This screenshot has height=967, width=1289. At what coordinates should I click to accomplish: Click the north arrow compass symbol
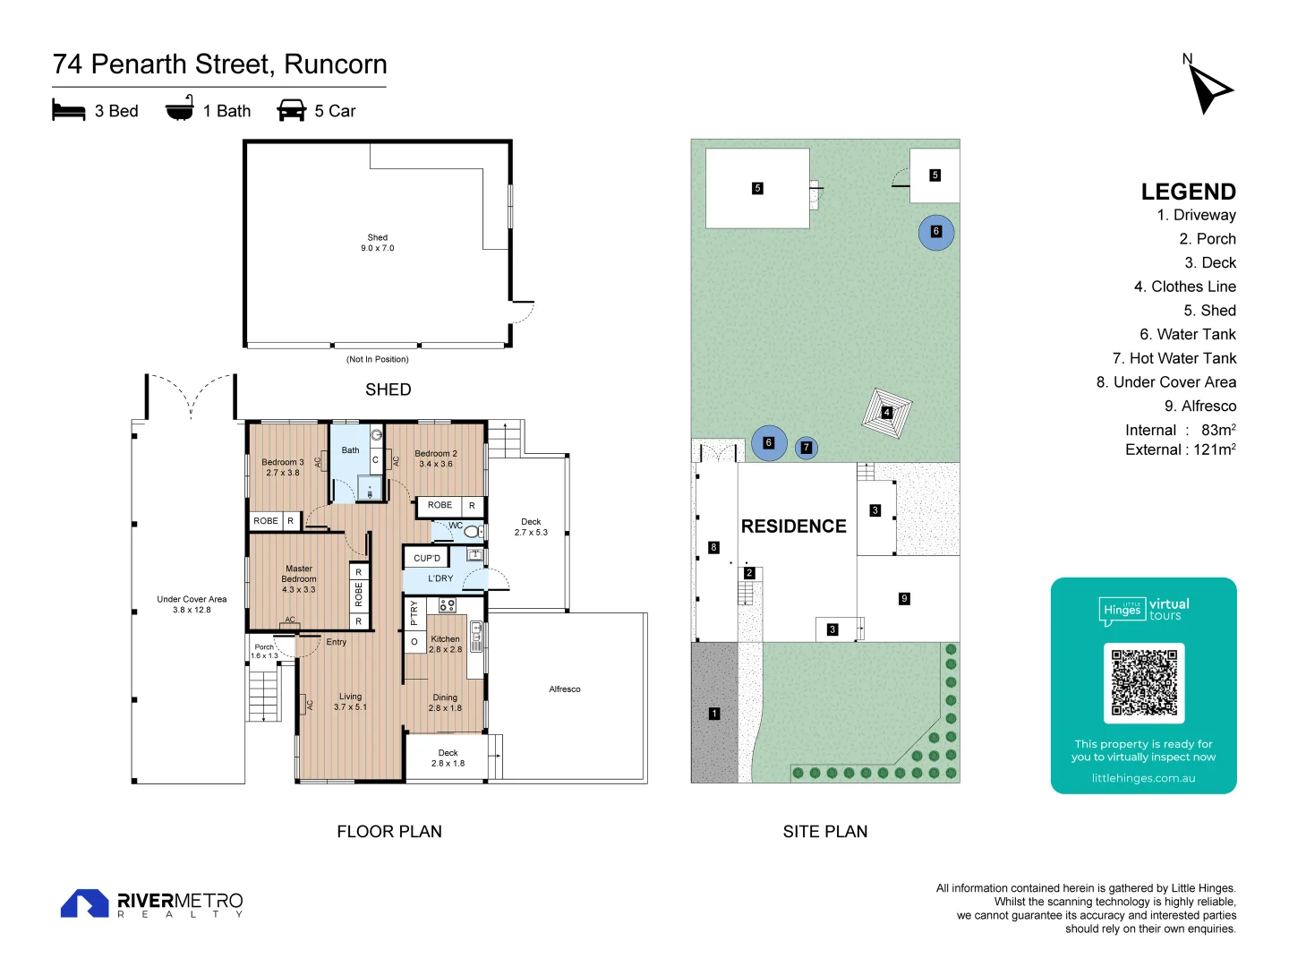(x=1208, y=88)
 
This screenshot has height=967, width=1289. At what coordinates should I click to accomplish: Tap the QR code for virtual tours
(x=1144, y=682)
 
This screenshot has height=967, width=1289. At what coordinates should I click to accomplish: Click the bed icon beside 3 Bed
(x=69, y=110)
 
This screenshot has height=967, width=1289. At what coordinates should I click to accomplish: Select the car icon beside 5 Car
(x=292, y=110)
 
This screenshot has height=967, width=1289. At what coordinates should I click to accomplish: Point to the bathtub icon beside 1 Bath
(x=180, y=108)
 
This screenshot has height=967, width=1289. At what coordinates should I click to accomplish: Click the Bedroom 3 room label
(x=283, y=467)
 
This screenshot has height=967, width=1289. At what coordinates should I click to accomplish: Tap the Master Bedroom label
(x=299, y=578)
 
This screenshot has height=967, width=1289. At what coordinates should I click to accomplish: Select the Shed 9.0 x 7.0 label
(x=377, y=243)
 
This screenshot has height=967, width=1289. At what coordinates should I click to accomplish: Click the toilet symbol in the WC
(x=473, y=532)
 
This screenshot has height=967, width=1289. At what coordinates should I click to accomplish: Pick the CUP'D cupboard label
(x=427, y=558)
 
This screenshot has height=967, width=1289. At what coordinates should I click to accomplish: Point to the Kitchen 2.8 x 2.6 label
(x=445, y=645)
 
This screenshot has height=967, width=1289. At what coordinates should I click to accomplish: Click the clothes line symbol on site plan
(x=886, y=413)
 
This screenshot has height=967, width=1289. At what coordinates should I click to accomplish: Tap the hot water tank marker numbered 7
(x=806, y=448)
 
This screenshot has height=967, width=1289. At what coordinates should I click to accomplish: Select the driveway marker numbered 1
(x=714, y=714)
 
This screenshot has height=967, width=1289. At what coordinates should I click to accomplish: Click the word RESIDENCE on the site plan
(x=793, y=526)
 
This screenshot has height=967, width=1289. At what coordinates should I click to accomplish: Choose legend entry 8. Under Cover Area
(x=1165, y=382)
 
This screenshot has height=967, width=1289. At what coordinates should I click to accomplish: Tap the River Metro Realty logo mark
(x=84, y=903)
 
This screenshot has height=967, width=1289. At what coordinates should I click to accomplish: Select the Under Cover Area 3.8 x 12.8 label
(x=192, y=604)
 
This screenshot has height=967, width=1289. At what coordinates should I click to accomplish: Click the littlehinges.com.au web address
(x=1143, y=778)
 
